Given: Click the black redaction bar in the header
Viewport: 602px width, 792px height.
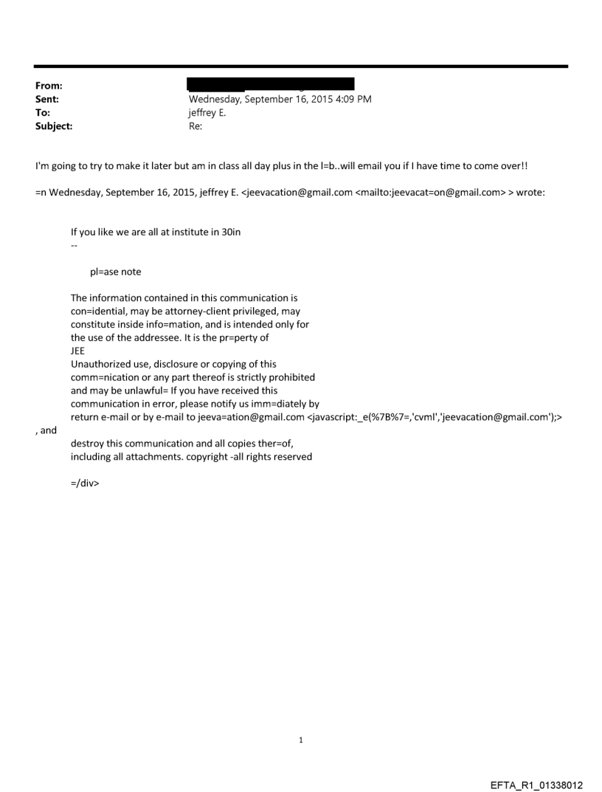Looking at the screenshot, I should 271,83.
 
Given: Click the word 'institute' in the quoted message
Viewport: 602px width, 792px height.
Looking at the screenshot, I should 190,232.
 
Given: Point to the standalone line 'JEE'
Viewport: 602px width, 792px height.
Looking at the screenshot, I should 78,351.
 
